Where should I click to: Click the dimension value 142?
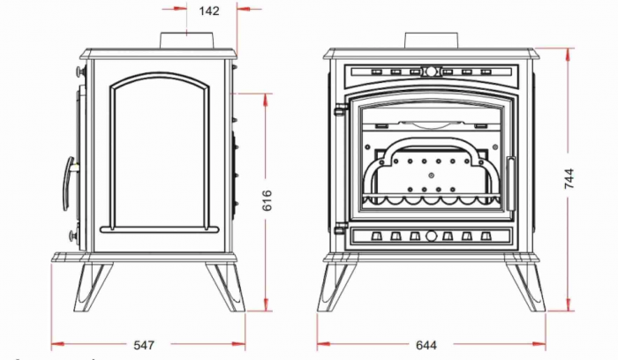point(209,11)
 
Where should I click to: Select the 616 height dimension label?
point(267,202)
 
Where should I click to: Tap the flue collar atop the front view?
point(431,41)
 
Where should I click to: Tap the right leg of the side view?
point(222,287)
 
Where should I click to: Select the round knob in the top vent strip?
point(431,71)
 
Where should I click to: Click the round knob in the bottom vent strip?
point(431,236)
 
